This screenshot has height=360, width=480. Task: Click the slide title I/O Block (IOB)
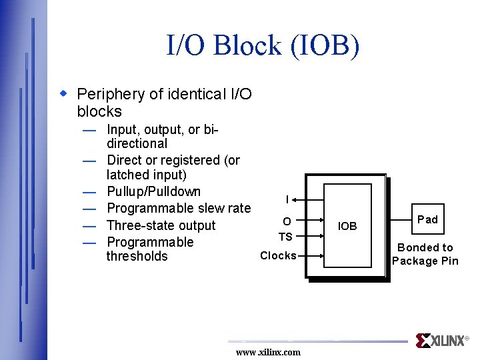pyautogui.click(x=263, y=46)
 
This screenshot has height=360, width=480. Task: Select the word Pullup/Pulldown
pyautogui.click(x=153, y=192)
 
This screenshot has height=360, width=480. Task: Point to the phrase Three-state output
pyautogui.click(x=161, y=225)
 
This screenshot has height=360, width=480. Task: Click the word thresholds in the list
pyautogui.click(x=137, y=256)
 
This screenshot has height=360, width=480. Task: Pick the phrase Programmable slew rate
pyautogui.click(x=179, y=209)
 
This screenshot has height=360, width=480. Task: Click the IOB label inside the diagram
pyautogui.click(x=347, y=227)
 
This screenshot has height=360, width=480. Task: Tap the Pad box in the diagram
pyautogui.click(x=427, y=219)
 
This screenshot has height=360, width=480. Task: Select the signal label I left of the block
pyautogui.click(x=287, y=199)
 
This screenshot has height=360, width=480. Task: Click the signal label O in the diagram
pyautogui.click(x=286, y=221)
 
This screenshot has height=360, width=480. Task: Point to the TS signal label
pyautogui.click(x=285, y=236)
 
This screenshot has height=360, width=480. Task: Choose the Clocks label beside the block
pyautogui.click(x=278, y=255)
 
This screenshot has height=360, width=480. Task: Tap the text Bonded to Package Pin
pyautogui.click(x=425, y=254)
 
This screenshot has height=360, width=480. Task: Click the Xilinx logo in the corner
pyautogui.click(x=441, y=341)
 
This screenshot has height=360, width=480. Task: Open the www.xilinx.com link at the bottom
pyautogui.click(x=268, y=352)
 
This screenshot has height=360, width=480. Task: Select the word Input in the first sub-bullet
pyautogui.click(x=121, y=129)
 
